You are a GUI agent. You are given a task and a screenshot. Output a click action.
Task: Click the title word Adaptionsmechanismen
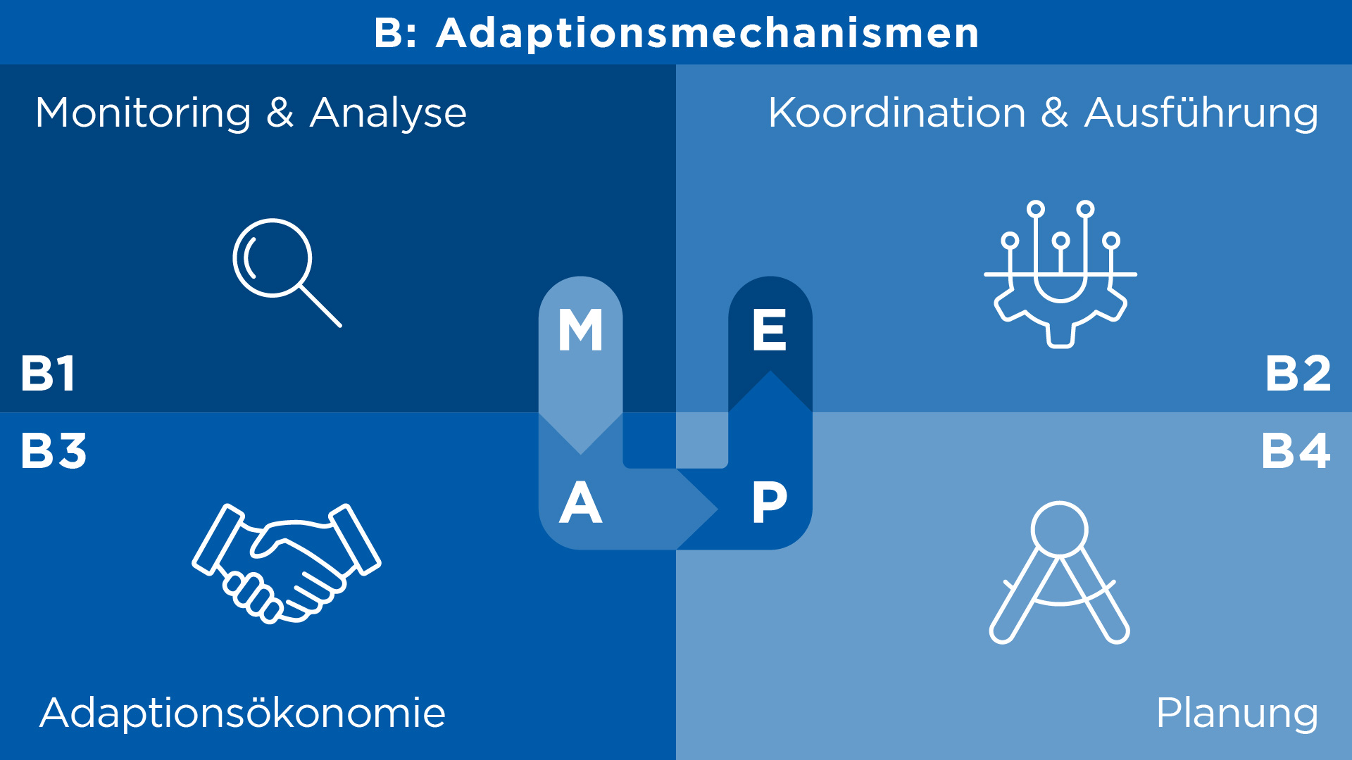(x=708, y=33)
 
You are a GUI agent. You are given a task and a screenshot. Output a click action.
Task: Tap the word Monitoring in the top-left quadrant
(x=143, y=113)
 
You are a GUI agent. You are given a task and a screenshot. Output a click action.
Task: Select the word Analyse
(x=388, y=113)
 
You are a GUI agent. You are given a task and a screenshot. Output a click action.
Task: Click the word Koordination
(x=897, y=113)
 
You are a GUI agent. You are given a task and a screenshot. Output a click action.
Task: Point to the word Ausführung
(x=1201, y=113)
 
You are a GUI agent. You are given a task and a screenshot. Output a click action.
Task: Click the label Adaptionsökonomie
(x=242, y=712)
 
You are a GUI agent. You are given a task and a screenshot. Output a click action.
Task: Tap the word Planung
(x=1237, y=714)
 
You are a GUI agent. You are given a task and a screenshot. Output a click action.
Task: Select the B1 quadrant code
(x=48, y=373)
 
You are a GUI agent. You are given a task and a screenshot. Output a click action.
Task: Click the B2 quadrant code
(x=1298, y=373)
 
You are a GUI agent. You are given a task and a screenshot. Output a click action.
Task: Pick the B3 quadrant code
(x=54, y=450)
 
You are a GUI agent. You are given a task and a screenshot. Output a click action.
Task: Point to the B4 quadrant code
(x=1296, y=450)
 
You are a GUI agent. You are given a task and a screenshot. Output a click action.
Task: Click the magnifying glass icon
(x=287, y=272)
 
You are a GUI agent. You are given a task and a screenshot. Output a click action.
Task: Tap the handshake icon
(x=287, y=563)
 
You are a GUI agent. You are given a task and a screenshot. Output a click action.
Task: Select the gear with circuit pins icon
(x=1060, y=274)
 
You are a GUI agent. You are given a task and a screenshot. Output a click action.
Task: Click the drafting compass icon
(x=1060, y=572)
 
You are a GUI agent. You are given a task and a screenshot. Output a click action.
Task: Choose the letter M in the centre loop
(x=580, y=330)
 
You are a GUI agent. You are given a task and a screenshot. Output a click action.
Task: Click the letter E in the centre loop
(x=769, y=330)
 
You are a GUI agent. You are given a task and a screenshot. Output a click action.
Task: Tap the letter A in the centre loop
(x=580, y=502)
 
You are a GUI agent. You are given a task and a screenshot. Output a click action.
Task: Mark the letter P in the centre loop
(x=769, y=502)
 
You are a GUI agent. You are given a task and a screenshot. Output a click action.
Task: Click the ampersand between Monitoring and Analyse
(x=280, y=113)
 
